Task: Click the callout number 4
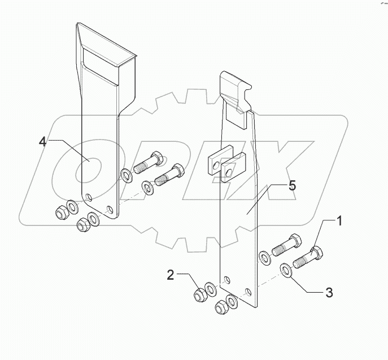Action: coord(43,141)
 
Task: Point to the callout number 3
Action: coord(329,293)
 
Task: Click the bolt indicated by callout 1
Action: coord(308,258)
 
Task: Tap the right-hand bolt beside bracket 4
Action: coord(169,176)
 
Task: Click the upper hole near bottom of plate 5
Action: coord(226,279)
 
